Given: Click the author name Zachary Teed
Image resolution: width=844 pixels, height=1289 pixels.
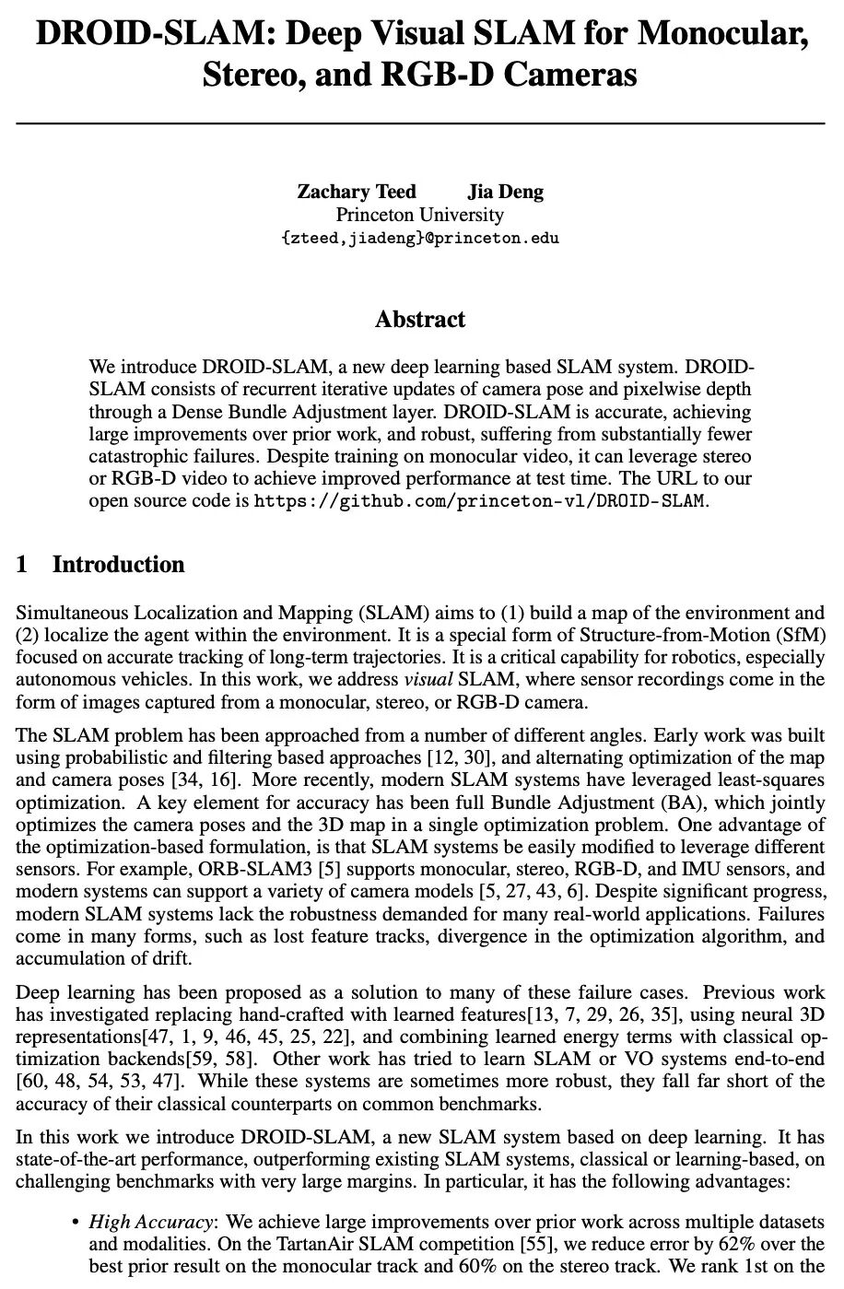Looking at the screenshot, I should click(x=356, y=192).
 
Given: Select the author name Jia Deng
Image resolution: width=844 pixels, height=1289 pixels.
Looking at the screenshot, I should click(x=505, y=192).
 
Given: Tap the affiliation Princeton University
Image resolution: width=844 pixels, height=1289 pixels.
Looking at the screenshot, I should click(x=419, y=215).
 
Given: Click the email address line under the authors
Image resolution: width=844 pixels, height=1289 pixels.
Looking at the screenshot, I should click(x=419, y=238).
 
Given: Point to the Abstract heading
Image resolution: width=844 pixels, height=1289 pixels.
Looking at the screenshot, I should click(x=419, y=320).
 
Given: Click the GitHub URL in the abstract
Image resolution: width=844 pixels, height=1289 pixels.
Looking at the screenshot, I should click(x=479, y=501).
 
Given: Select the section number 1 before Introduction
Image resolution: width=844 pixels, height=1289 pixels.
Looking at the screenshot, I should click(x=22, y=565).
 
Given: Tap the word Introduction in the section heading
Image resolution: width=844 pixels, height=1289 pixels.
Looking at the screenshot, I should click(x=118, y=565).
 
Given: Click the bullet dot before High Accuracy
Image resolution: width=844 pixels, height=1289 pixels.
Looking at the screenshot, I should click(x=75, y=1223).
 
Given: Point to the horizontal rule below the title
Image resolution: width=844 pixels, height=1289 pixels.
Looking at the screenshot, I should click(x=420, y=122).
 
